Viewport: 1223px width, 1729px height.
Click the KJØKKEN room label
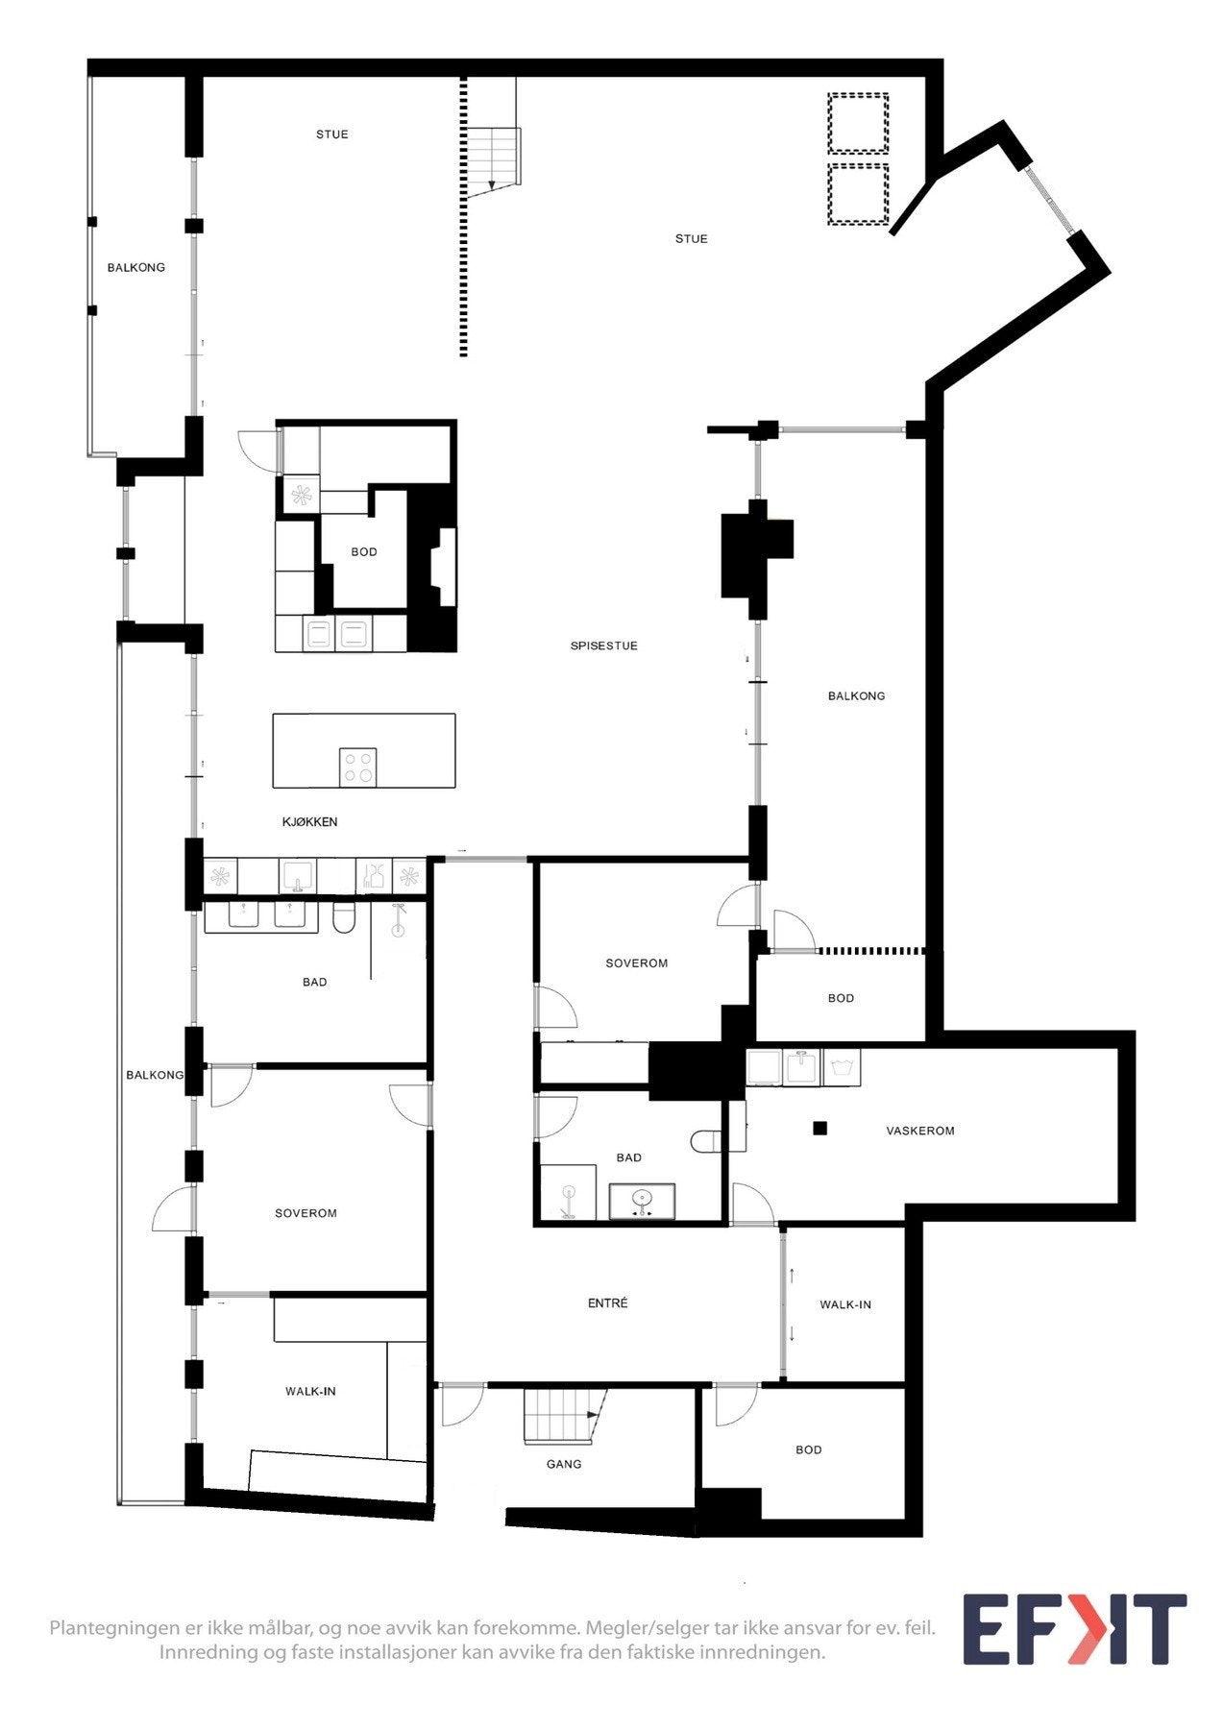pyautogui.click(x=309, y=822)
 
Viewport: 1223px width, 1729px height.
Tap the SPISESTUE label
pyautogui.click(x=603, y=646)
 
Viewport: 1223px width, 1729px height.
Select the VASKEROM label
pyautogui.click(x=919, y=1132)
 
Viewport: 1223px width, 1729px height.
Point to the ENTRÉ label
pyautogui.click(x=607, y=1303)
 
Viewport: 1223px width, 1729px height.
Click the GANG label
pyautogui.click(x=564, y=1464)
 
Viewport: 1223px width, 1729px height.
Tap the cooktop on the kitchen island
pyautogui.click(x=357, y=767)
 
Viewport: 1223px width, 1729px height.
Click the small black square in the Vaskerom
pyautogui.click(x=819, y=1129)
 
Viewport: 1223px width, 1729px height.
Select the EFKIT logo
pyautogui.click(x=1074, y=1630)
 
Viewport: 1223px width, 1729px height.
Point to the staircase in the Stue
pyautogui.click(x=493, y=157)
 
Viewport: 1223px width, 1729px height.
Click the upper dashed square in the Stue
pyautogui.click(x=858, y=123)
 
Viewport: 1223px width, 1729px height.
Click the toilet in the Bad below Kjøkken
pyautogui.click(x=344, y=918)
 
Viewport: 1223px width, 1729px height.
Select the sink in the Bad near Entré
pyautogui.click(x=642, y=1200)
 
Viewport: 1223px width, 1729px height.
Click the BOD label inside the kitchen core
pyautogui.click(x=364, y=552)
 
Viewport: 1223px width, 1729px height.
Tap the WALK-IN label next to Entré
pyautogui.click(x=845, y=1304)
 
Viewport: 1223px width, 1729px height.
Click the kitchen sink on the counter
pyautogui.click(x=298, y=876)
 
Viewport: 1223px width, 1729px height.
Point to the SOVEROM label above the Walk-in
pyautogui.click(x=306, y=1214)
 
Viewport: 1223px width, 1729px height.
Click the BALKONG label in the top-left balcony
pyautogui.click(x=136, y=268)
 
